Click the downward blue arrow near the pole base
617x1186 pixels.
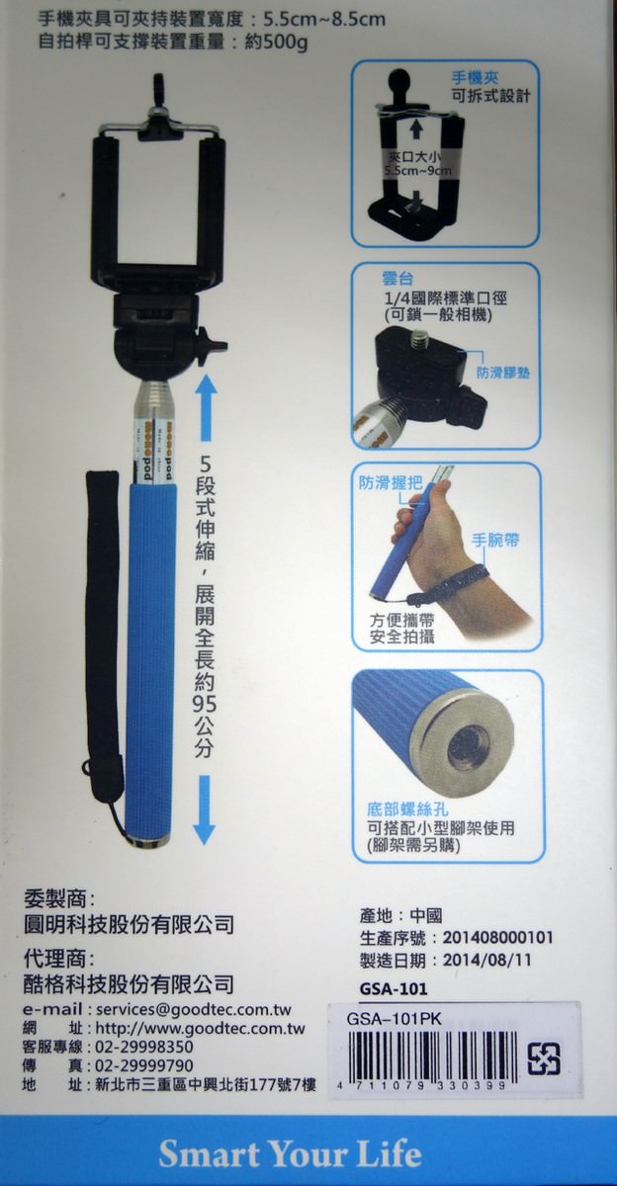pos(204,808)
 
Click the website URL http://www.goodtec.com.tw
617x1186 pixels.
pos(198,1029)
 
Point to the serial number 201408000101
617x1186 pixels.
pos(497,937)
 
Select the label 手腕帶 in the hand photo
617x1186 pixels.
pos(496,541)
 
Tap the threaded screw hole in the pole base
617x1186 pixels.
pos(467,746)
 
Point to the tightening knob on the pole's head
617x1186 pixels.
pos(211,346)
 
